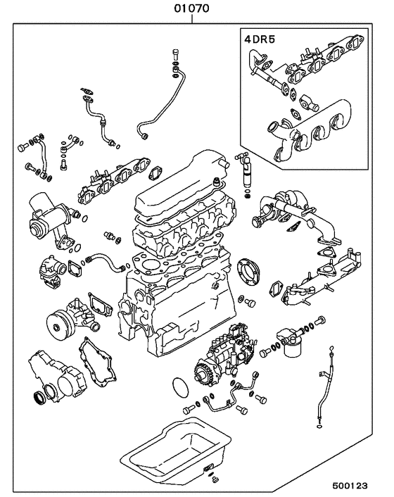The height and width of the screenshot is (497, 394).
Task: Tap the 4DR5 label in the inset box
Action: point(258,39)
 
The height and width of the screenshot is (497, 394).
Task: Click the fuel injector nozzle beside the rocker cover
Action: point(246,172)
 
